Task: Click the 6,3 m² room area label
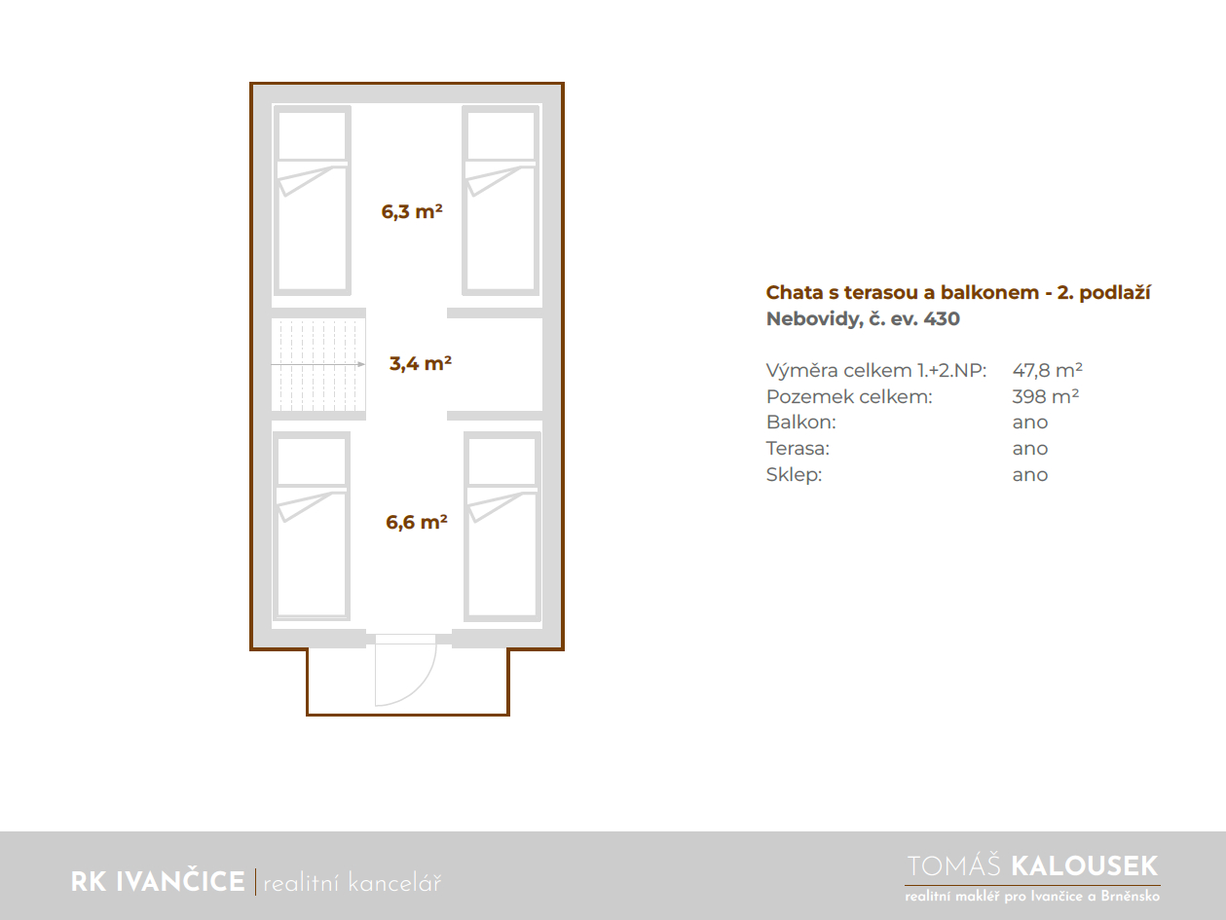click(412, 211)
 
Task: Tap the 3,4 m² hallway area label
click(420, 363)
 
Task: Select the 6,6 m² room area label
click(416, 522)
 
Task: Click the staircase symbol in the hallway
click(318, 364)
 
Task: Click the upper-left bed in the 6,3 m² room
click(313, 201)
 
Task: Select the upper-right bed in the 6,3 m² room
click(501, 201)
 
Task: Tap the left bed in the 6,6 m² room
click(312, 526)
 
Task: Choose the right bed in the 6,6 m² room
click(502, 527)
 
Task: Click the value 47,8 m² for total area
click(1047, 370)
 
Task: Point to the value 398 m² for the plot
click(1046, 396)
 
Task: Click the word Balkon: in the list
click(801, 423)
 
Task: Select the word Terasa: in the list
click(798, 448)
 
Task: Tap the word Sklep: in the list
click(794, 474)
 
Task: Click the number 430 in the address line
click(942, 318)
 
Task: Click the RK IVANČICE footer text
click(158, 881)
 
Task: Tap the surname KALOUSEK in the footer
click(1084, 866)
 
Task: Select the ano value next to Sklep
click(1030, 475)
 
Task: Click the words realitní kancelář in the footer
click(352, 883)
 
